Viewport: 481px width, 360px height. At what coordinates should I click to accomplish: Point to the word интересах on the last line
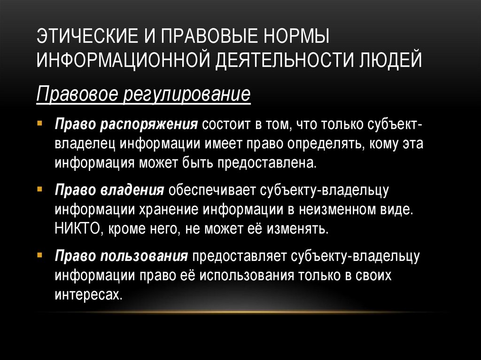pyautogui.click(x=85, y=294)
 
